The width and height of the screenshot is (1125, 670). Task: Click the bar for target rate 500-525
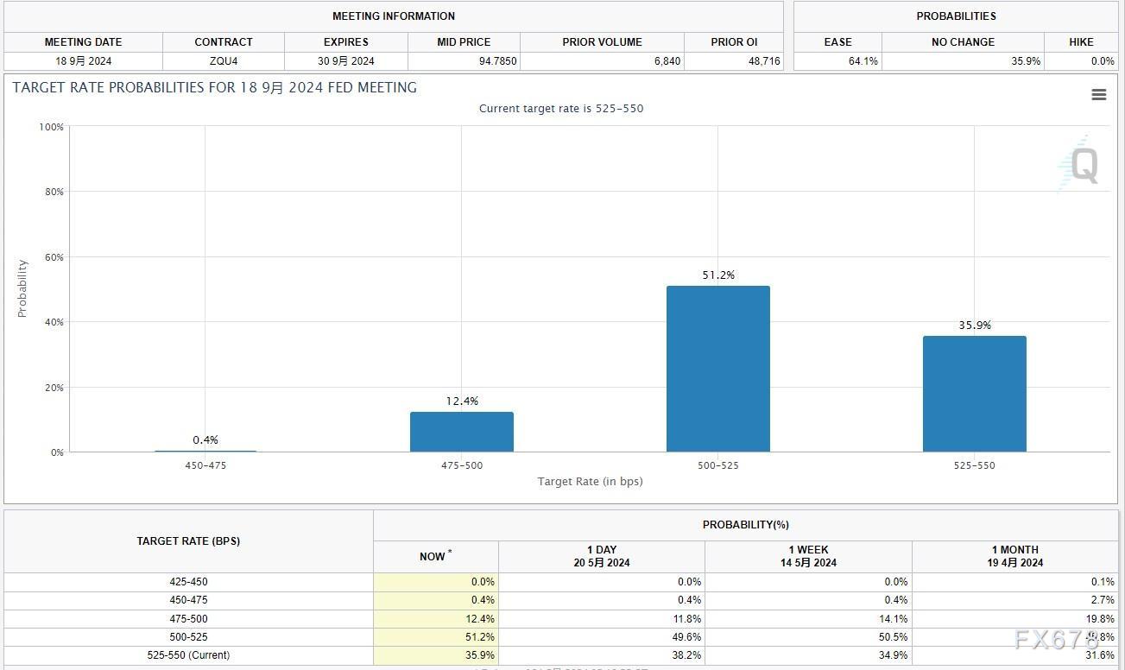(717, 369)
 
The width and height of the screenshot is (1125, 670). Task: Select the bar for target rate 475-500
(461, 432)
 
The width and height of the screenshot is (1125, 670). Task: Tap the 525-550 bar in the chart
(974, 394)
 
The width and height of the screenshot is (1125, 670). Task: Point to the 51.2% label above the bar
(717, 275)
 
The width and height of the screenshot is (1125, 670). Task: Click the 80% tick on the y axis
(54, 192)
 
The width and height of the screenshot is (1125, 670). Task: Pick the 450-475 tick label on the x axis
(205, 465)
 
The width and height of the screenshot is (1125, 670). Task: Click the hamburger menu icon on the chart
(1098, 95)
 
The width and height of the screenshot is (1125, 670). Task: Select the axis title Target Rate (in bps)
(590, 481)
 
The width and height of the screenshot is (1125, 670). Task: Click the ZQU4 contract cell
(224, 61)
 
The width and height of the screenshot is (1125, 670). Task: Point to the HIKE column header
(1080, 41)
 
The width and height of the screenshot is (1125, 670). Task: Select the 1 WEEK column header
(808, 556)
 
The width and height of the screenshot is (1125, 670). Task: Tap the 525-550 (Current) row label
(188, 655)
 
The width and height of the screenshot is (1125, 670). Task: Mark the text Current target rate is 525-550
(561, 109)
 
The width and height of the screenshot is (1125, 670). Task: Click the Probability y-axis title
(22, 288)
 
